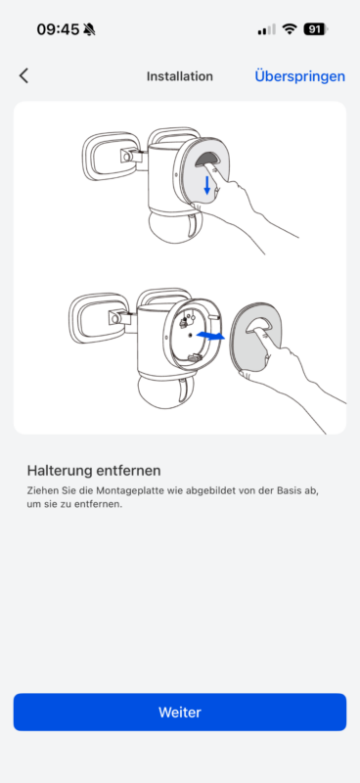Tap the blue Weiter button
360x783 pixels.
click(180, 712)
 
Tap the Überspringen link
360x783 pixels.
click(299, 76)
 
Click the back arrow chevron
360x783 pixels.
click(23, 76)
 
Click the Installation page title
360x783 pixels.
click(180, 76)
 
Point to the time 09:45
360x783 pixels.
click(58, 29)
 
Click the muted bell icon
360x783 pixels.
click(89, 29)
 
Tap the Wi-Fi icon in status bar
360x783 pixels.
click(290, 29)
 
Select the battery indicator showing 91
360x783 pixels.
click(316, 29)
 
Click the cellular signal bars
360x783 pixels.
click(267, 29)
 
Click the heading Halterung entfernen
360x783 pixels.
click(94, 471)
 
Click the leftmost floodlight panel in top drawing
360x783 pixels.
click(108, 156)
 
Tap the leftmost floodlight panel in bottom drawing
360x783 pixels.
click(95, 318)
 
